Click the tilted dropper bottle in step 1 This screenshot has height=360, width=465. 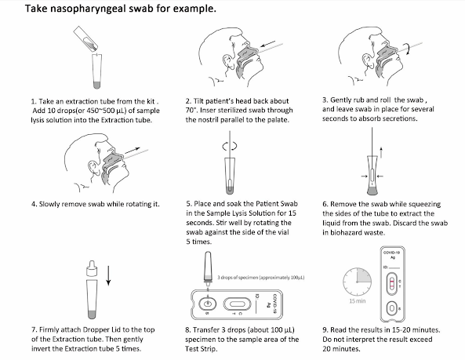point(86,38)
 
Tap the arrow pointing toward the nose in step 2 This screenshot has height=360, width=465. point(267,44)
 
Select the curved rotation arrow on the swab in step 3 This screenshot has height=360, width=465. point(409,49)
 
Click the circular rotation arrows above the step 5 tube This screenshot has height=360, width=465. point(230,146)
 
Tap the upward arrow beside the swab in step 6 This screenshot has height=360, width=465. point(381,152)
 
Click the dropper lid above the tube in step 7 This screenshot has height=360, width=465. point(91,268)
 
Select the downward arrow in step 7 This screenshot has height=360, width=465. point(108,276)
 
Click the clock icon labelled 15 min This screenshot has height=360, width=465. point(357,282)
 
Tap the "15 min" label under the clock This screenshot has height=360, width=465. point(358,301)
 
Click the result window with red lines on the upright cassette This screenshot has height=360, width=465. point(392,283)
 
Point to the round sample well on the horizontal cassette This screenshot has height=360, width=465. point(208,304)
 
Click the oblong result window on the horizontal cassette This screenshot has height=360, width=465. point(236,304)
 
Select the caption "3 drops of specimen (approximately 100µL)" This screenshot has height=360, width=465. point(260,278)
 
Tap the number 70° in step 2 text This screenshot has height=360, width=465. point(191,111)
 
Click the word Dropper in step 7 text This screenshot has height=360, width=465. point(96,330)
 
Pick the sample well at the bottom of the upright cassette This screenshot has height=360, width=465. point(392,309)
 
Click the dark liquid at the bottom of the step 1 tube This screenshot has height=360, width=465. point(97,85)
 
